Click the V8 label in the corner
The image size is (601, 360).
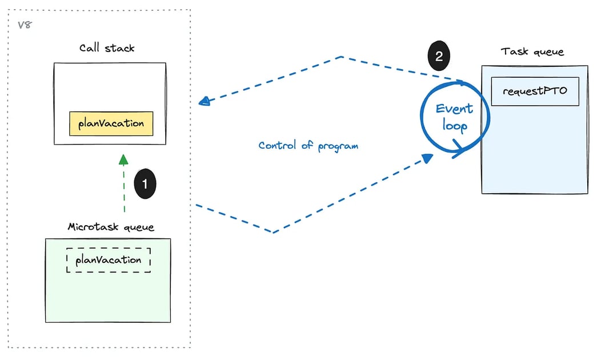coord(24,26)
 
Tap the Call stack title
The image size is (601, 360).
coord(107,47)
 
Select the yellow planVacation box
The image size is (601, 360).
coord(111,123)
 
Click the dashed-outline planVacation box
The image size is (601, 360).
coord(109,260)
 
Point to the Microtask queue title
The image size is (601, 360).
coord(111,227)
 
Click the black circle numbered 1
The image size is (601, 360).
coord(145,183)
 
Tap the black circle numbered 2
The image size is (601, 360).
coord(439,56)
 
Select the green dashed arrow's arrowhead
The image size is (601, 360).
coord(123,158)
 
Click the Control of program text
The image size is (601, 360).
coord(308,145)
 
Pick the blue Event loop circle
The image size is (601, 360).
coord(455,118)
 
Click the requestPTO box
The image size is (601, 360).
coord(535,91)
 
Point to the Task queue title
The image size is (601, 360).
coord(532,52)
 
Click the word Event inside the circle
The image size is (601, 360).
coord(455,109)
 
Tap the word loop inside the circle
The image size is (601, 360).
coord(455,125)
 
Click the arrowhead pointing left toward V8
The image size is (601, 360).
coord(203,102)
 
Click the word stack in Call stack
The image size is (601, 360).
coord(121,47)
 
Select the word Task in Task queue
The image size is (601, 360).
coord(515,52)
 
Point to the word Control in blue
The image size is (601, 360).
coord(277,145)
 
